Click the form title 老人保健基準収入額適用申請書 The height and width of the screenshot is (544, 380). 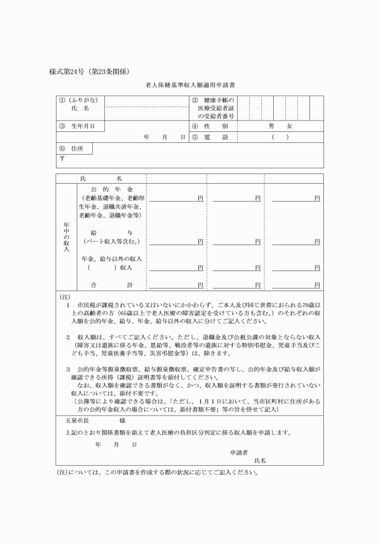click(x=191, y=86)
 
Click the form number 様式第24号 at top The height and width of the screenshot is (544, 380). click(x=73, y=71)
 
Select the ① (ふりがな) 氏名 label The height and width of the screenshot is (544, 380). click(x=79, y=104)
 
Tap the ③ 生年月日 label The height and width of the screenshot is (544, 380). click(x=78, y=127)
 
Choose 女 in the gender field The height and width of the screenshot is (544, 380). click(x=290, y=127)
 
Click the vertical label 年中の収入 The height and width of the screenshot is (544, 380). click(x=66, y=236)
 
